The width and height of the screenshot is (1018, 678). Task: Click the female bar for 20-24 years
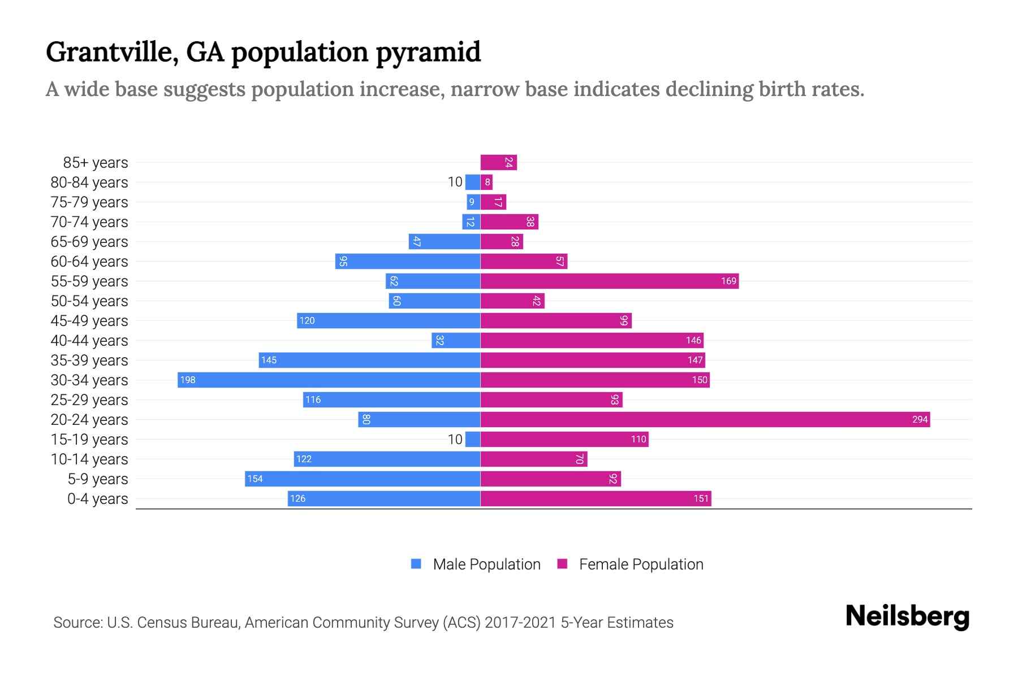coord(705,419)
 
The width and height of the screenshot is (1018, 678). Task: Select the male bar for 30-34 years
coord(329,380)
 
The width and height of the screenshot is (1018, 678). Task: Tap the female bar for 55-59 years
coord(610,281)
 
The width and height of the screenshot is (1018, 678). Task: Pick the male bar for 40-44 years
coord(456,340)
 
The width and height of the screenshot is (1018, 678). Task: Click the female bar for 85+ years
coord(498,162)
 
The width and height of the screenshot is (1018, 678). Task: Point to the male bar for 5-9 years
coord(363,479)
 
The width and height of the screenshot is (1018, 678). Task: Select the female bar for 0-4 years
coord(596,498)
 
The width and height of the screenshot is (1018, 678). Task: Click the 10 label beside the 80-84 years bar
coord(455,182)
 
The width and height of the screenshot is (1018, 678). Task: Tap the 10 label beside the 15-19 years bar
coord(455,439)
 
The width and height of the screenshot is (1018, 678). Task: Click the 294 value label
coord(920,419)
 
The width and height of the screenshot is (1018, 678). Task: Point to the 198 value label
coord(188,380)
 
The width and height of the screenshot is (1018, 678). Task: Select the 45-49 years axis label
coord(89,320)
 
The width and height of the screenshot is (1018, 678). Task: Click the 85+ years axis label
coord(96,162)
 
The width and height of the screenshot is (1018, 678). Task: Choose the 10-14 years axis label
coord(89,459)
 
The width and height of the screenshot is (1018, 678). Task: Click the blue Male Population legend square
coord(416,564)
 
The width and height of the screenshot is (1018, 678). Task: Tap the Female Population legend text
coord(641,564)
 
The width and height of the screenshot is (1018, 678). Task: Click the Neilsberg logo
coord(907,616)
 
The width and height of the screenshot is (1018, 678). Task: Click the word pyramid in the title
coord(428,53)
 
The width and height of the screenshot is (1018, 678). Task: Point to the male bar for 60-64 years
coord(408,261)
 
